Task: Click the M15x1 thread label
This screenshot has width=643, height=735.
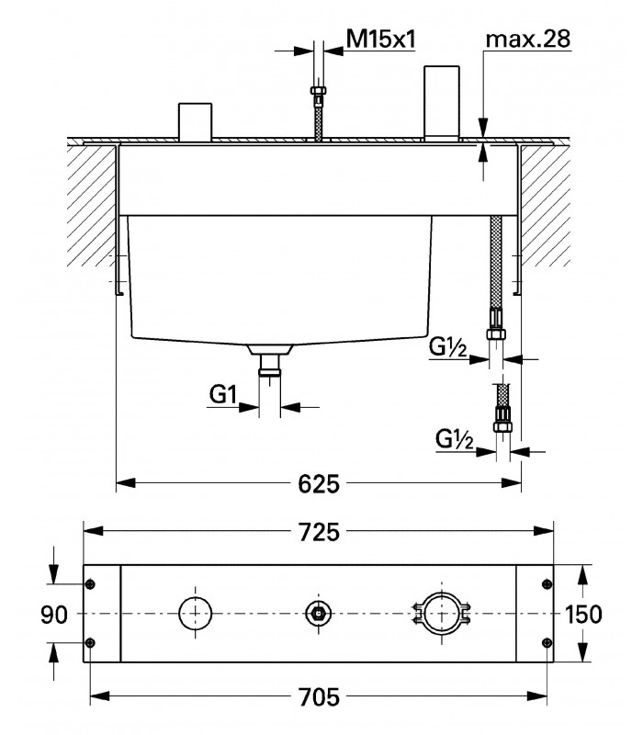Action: [380, 40]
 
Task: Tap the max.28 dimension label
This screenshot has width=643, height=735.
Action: [528, 39]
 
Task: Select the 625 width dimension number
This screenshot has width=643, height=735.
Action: [319, 484]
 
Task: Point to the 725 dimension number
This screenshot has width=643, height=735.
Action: [319, 533]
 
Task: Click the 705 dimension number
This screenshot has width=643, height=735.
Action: [319, 697]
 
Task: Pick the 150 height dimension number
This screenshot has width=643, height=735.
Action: [583, 614]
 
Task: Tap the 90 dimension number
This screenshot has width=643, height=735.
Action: [54, 615]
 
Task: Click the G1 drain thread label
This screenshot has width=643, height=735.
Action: [223, 394]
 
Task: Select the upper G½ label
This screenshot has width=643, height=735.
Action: [447, 347]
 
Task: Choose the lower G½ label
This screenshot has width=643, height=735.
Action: [454, 439]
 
